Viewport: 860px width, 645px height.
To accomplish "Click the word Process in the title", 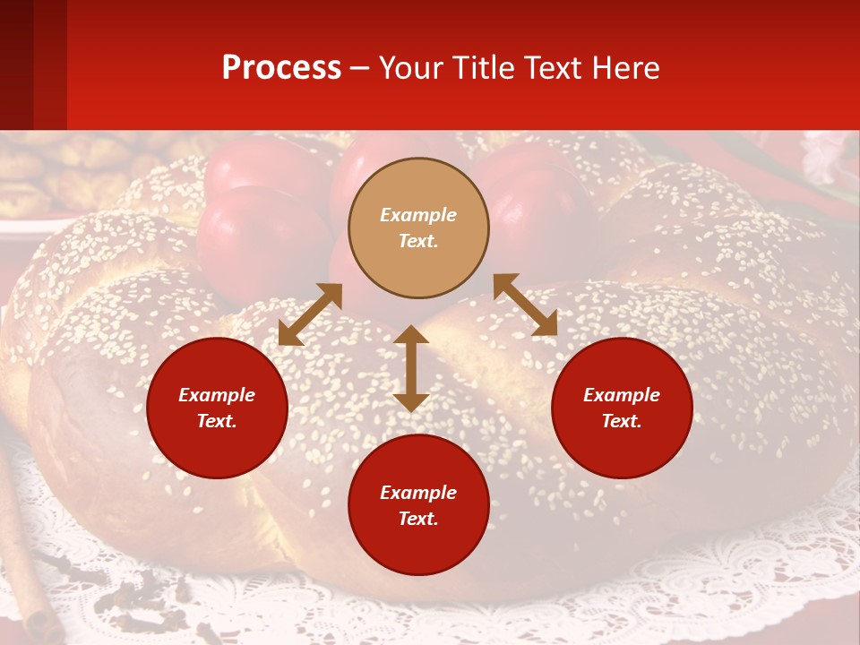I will [281, 68].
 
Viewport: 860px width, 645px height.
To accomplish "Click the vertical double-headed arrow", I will [411, 368].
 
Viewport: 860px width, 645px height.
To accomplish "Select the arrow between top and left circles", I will [310, 314].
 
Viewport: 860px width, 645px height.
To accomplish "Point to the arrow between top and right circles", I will [525, 305].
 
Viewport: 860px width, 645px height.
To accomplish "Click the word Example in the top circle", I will [418, 215].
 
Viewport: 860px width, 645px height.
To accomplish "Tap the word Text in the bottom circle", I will [418, 519].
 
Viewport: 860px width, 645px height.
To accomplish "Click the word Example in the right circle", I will [622, 395].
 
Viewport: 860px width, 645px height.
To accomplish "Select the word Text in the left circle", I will [217, 421].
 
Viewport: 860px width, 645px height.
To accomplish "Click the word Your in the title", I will [408, 68].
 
